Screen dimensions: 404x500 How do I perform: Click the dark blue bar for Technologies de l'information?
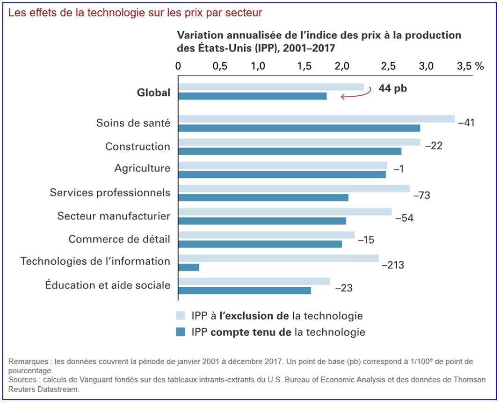pos(188,267)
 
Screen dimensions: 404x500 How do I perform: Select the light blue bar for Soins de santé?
pos(316,119)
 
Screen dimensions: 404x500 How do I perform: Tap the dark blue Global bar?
pos(252,96)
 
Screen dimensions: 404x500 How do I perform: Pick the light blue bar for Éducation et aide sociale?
pos(254,281)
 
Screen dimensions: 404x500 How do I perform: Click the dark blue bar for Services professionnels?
pos(263,198)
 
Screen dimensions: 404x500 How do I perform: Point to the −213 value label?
pos(392,265)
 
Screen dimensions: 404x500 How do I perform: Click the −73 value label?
pos(421,195)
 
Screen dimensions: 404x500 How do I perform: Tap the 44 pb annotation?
pos(392,88)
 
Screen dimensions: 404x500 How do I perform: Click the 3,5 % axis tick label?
pos(470,66)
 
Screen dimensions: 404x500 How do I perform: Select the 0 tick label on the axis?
pos(178,66)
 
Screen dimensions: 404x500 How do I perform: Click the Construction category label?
pos(138,146)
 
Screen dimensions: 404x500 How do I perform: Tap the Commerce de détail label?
pos(119,239)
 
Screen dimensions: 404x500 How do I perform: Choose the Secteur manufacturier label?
pos(114,216)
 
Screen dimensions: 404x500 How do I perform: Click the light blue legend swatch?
pos(181,315)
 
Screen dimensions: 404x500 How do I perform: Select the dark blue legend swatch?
pos(181,332)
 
